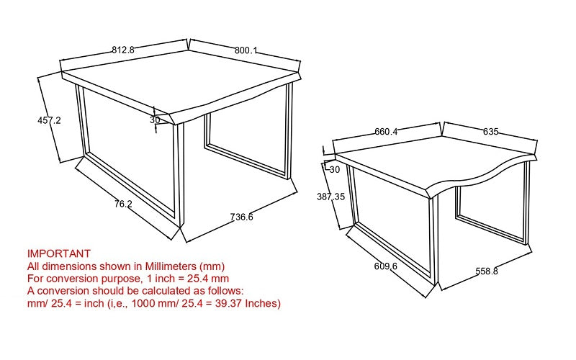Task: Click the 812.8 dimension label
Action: click(123, 50)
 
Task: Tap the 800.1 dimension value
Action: click(246, 50)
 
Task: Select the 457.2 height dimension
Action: click(49, 120)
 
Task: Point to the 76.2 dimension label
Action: click(123, 204)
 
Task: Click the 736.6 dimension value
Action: click(242, 217)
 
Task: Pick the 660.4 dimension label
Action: click(386, 132)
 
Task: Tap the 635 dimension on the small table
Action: click(491, 132)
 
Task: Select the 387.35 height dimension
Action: click(331, 197)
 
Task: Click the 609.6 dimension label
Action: click(386, 266)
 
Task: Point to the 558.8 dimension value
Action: click(487, 271)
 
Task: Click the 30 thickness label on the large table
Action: click(155, 120)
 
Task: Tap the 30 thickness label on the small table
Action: click(335, 170)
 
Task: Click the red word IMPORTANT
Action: click(59, 253)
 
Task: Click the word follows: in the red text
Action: click(224, 291)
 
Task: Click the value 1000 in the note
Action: click(142, 303)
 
